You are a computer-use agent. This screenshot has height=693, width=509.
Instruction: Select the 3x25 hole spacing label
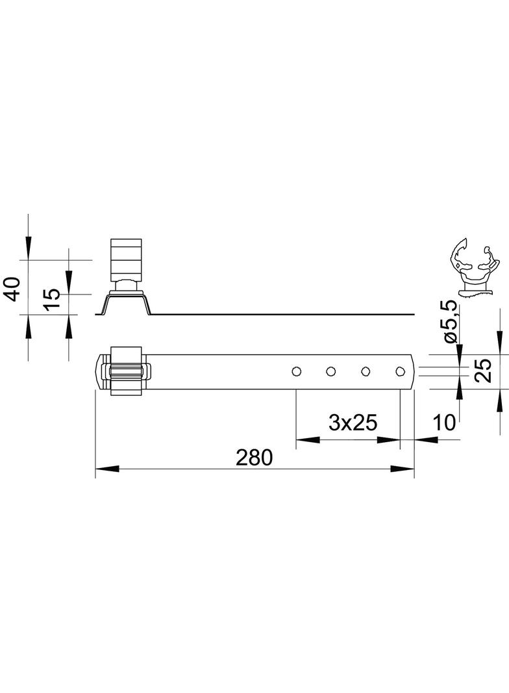[353, 423]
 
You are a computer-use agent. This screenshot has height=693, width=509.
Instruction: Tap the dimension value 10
[445, 423]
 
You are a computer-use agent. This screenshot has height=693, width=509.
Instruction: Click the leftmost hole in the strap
[296, 371]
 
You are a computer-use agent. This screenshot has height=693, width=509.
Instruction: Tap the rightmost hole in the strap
[400, 371]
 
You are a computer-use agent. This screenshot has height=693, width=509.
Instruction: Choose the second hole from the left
[330, 371]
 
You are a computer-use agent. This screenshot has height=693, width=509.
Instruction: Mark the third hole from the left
[366, 371]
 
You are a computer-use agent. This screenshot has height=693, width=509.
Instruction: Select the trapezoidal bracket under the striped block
[126, 303]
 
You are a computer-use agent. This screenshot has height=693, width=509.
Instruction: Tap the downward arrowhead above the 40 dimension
[28, 248]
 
